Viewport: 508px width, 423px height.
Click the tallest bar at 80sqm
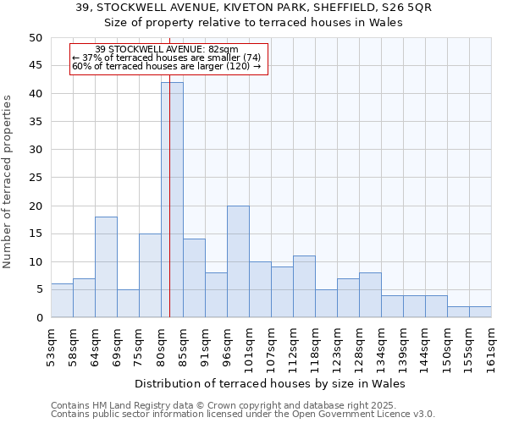tap(172, 200)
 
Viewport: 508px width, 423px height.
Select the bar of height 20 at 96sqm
tap(238, 261)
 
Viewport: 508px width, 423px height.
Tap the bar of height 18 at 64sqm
tap(106, 267)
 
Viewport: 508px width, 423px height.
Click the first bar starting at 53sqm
tap(62, 301)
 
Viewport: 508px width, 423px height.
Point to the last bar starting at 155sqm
tap(480, 312)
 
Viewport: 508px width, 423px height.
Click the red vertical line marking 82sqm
tap(169, 211)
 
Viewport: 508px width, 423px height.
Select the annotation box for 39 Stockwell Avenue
tap(168, 58)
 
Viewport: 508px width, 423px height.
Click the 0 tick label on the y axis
tap(39, 318)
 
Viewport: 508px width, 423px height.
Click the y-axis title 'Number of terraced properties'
tap(8, 182)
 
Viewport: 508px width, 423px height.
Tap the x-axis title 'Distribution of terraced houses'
tap(270, 384)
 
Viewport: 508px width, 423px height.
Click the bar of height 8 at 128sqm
tap(370, 295)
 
